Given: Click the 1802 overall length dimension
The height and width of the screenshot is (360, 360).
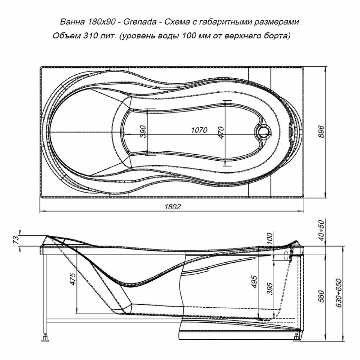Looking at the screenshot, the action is tap(173, 207).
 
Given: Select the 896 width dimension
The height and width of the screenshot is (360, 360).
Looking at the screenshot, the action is tap(322, 131).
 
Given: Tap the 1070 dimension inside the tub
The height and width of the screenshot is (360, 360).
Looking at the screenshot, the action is tap(199, 130).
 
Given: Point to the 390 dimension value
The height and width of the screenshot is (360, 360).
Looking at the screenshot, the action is tap(143, 131).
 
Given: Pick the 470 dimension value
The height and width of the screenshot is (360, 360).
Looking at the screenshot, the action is tap(221, 132).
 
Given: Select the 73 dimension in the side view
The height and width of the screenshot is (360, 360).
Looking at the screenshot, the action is tap(16, 240).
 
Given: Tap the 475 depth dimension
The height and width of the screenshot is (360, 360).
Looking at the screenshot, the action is tap(73, 279).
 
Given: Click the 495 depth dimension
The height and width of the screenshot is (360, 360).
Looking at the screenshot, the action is tap(254, 282).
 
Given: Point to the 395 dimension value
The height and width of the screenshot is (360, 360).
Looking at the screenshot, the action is tap(270, 288).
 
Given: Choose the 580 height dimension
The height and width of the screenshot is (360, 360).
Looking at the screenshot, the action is tap(322, 296).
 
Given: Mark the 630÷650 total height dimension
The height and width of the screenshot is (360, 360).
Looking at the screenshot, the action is tap(339, 293).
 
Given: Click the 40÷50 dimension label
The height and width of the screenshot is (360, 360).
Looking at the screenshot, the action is tap(322, 230).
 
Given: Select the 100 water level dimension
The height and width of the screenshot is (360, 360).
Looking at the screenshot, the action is tap(270, 238).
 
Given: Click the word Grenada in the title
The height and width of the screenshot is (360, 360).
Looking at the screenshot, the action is tap(140, 22).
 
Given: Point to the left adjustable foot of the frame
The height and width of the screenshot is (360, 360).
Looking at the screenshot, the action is tap(45, 338).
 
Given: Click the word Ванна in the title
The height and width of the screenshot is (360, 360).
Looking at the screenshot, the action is tap(72, 22).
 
